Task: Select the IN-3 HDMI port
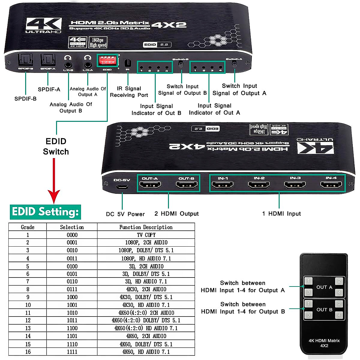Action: [x=295, y=185]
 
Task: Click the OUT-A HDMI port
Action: [x=150, y=185]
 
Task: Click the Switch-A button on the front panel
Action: [x=235, y=64]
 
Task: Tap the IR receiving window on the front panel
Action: [x=128, y=63]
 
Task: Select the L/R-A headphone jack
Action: [x=88, y=64]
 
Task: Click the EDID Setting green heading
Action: [x=45, y=212]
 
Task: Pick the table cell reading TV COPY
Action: [x=146, y=235]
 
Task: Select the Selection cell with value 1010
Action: [x=72, y=313]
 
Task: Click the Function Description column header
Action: [x=146, y=227]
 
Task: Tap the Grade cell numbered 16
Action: [x=28, y=352]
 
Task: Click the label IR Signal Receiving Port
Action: [x=129, y=92]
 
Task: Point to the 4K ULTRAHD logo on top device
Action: [x=43, y=25]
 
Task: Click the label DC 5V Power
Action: [x=125, y=214]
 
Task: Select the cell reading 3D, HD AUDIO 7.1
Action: [x=146, y=282]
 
